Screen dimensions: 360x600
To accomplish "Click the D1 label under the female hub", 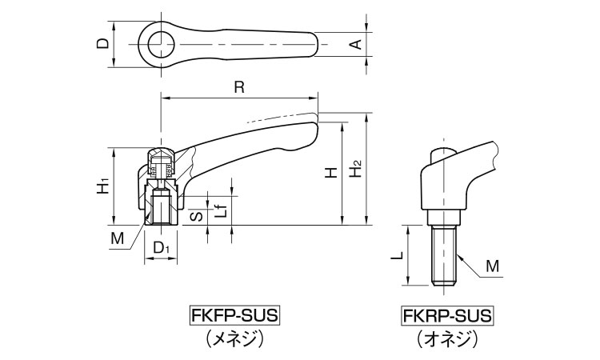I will [161, 249].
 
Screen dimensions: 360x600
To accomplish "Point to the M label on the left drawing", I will [118, 238].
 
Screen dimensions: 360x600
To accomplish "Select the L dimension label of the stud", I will [396, 256].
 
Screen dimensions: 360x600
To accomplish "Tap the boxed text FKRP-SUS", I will [447, 315].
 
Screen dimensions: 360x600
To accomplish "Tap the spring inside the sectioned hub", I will [160, 169].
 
